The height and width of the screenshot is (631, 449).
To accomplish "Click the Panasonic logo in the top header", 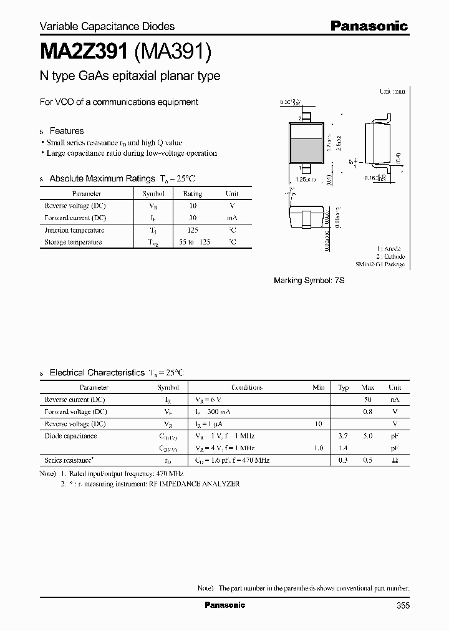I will (369, 26).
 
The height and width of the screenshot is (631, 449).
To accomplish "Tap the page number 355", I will (402, 605).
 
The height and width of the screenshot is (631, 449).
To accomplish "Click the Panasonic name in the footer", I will (224, 605).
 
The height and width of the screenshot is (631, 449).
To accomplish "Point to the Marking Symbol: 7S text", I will (309, 281).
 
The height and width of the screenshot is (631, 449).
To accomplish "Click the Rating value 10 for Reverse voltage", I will (193, 206).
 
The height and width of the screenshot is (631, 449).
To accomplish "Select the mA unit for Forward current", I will (231, 218).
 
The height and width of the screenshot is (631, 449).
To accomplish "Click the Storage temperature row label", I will (73, 242).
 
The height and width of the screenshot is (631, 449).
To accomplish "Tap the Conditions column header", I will (247, 387).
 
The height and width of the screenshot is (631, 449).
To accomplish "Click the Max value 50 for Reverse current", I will (368, 399).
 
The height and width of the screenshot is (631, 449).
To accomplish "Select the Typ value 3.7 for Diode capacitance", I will (343, 436).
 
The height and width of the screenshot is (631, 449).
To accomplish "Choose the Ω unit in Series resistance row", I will (395, 460).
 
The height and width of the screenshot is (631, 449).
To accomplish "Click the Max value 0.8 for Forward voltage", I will (368, 412).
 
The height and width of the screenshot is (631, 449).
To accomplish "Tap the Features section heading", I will (66, 131).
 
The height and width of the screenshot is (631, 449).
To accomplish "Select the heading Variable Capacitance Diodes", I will (107, 26).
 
